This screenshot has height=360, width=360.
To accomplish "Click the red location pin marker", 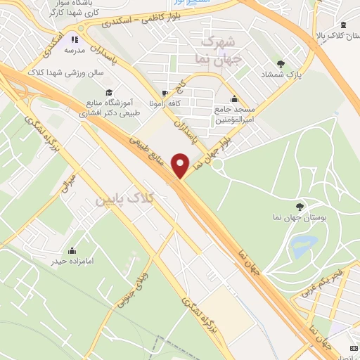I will pos(181,165).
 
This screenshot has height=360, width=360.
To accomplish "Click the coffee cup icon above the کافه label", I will pos(165,94).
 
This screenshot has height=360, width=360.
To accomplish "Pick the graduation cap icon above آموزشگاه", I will pos(108,92).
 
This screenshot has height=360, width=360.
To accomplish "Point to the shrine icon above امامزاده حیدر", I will pos(72,250).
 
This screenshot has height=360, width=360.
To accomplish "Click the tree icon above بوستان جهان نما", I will pos(300,205).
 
